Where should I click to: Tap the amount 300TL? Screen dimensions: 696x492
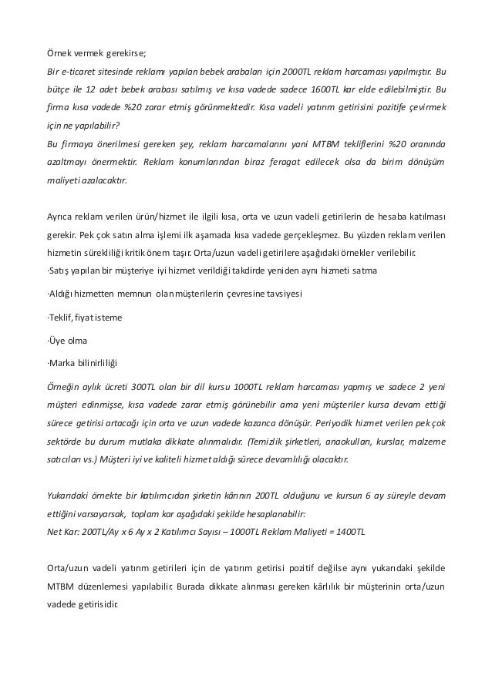point(143,387)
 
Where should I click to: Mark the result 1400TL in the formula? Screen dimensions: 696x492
point(352,531)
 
